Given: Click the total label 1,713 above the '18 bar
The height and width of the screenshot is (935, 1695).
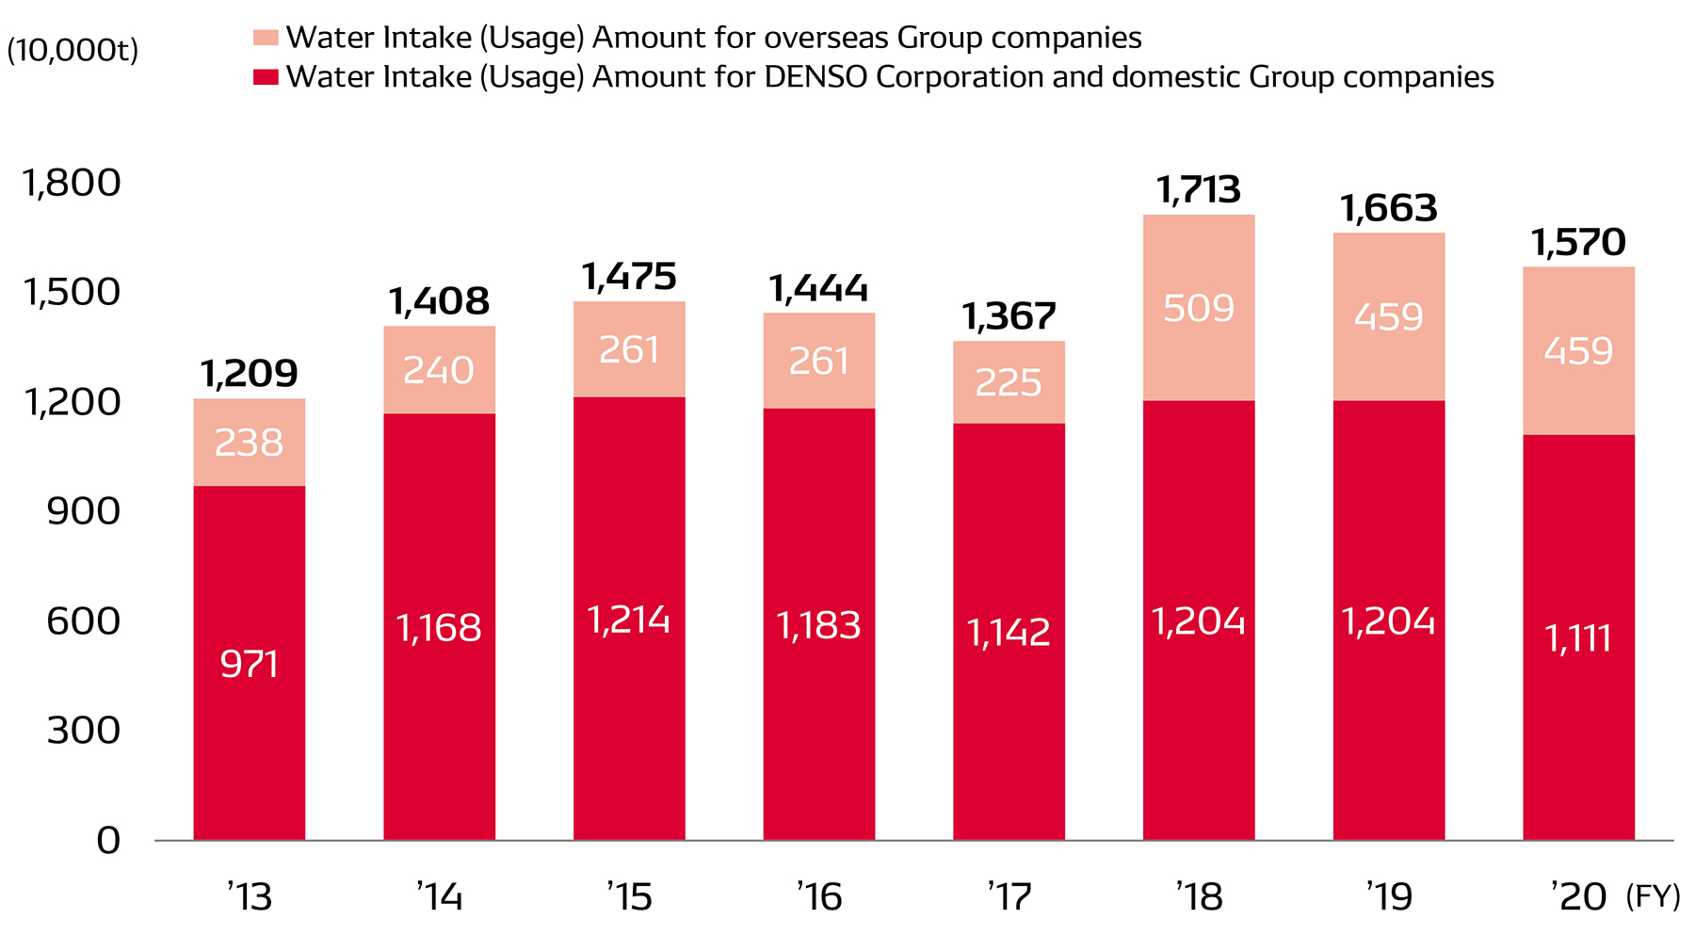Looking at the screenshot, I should [x=1199, y=190].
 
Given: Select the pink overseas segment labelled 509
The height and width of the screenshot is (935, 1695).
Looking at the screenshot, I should [x=1199, y=308].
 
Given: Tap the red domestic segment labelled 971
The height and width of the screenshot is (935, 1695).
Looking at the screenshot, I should [x=250, y=663].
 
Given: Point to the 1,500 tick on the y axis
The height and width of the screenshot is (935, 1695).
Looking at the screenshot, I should [x=73, y=292].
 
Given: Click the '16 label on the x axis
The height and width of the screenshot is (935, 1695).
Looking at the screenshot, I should [x=818, y=896].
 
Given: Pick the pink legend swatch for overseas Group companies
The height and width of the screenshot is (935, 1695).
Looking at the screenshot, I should [x=266, y=38].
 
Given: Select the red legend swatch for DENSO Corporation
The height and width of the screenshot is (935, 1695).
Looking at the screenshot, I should [x=266, y=76].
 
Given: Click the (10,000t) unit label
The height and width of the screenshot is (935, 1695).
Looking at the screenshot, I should [x=73, y=50].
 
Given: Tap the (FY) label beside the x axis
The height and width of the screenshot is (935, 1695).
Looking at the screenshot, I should [x=1653, y=896].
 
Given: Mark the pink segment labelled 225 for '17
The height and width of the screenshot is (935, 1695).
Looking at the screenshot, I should [x=1009, y=382].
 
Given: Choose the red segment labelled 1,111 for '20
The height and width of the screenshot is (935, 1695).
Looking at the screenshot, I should [x=1578, y=638].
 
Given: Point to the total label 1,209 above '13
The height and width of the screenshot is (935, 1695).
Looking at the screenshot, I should [x=250, y=374].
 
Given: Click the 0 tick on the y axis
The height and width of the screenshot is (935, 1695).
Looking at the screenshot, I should [x=108, y=840].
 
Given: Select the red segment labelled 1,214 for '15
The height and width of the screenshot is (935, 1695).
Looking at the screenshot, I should [x=629, y=619].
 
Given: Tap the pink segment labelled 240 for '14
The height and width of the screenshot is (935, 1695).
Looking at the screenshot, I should [x=439, y=370].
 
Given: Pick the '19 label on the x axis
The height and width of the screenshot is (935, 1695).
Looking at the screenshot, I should [x=1389, y=896].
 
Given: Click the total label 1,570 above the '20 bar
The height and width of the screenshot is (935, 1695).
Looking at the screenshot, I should [x=1578, y=243].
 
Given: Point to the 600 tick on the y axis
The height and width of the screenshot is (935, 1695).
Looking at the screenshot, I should [x=84, y=621].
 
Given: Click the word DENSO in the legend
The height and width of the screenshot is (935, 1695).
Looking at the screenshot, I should [x=815, y=76].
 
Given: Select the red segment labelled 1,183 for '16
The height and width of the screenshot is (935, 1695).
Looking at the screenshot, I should [x=818, y=625].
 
